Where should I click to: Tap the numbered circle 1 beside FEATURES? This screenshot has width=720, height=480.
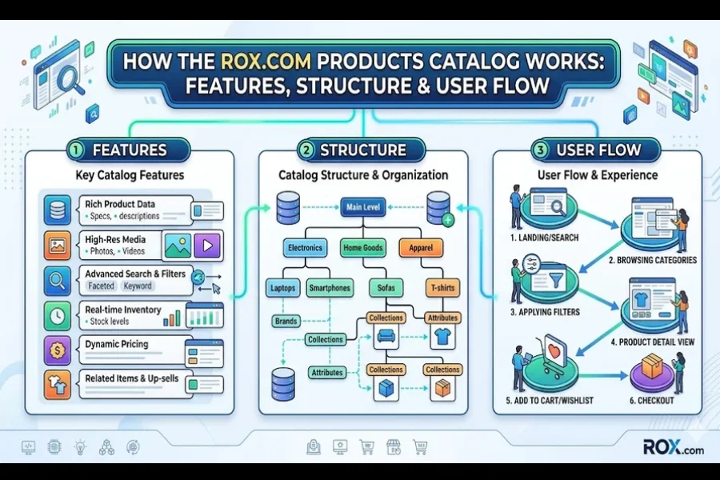[76, 150]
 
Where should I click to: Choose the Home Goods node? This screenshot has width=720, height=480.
[362, 248]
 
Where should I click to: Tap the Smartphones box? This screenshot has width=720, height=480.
[328, 287]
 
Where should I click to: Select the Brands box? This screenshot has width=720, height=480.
[286, 321]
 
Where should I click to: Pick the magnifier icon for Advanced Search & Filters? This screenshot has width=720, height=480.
[58, 280]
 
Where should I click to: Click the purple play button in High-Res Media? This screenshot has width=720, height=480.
[207, 246]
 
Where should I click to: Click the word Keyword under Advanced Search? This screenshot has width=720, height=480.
[138, 286]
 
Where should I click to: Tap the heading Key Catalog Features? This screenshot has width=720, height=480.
[130, 175]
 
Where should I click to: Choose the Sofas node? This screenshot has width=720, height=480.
[386, 287]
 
